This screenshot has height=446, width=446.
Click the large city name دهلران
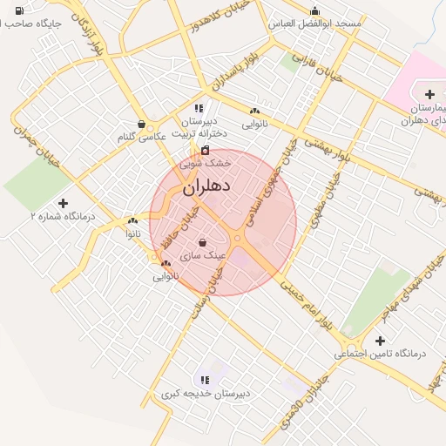pyautogui.click(x=207, y=186)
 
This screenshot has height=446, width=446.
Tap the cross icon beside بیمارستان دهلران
pyautogui.click(x=429, y=94)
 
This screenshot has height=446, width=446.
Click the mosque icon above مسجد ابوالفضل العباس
pyautogui.click(x=314, y=11)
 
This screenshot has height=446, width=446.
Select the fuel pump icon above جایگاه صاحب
pyautogui.click(x=19, y=10)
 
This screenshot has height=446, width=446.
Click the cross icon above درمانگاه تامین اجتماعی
pyautogui.click(x=379, y=341)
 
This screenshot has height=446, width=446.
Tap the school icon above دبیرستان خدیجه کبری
pyautogui.click(x=205, y=380)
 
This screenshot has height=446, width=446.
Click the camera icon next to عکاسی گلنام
pyautogui.click(x=141, y=124)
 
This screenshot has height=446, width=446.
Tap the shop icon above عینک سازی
pyautogui.click(x=202, y=243)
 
